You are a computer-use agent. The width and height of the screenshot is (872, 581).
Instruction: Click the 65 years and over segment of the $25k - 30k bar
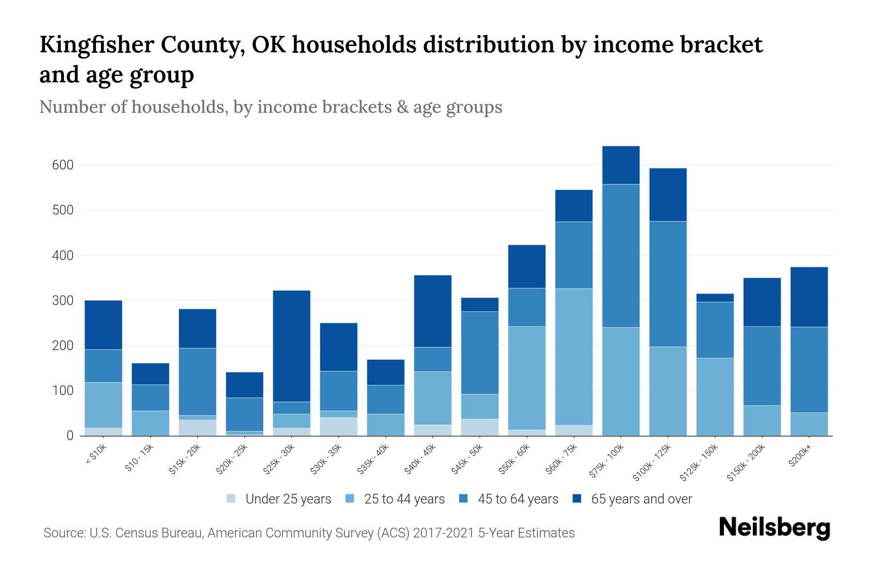point(292,346)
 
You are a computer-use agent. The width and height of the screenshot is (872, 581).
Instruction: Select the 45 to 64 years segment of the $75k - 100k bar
point(621,256)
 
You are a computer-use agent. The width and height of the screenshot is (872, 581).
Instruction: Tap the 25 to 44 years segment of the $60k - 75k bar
point(574,357)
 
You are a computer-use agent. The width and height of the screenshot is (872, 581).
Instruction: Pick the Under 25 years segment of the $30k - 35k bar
point(339,427)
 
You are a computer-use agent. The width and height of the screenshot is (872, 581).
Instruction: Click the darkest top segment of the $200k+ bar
point(809,297)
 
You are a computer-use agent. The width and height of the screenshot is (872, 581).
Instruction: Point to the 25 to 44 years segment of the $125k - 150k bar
point(715,397)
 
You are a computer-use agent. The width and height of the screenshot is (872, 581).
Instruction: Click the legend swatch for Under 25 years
point(232,499)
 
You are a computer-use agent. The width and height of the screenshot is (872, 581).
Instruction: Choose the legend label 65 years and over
point(641,499)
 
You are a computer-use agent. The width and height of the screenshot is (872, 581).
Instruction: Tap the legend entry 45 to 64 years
point(518,499)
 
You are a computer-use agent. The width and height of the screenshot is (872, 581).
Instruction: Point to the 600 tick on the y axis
point(62,165)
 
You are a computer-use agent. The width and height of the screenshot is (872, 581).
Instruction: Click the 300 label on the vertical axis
point(62,301)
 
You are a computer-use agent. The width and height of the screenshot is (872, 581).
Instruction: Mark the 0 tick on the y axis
point(70,436)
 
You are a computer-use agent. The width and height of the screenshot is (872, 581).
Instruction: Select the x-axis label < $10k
point(96,455)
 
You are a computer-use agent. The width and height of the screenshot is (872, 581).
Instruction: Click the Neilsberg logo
point(775,528)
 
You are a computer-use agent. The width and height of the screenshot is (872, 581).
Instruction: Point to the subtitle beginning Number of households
point(270,107)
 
